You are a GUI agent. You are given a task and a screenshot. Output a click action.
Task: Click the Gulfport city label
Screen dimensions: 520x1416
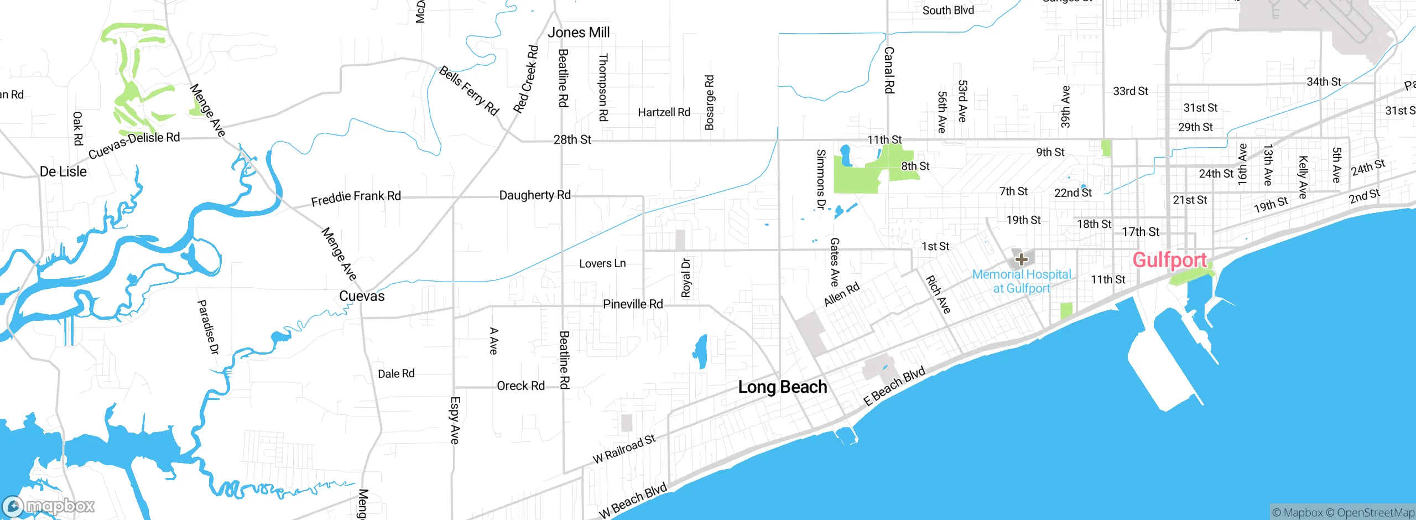pyautogui.click(x=1169, y=260)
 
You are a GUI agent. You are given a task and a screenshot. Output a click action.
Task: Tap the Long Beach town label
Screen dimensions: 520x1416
pyautogui.click(x=782, y=387)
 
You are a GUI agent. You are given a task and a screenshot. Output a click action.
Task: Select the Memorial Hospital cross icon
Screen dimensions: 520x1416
pyautogui.click(x=1021, y=259)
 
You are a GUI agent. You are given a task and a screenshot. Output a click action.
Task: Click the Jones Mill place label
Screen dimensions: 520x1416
pyautogui.click(x=579, y=33)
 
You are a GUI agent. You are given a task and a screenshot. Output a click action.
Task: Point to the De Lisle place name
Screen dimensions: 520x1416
pyautogui.click(x=63, y=171)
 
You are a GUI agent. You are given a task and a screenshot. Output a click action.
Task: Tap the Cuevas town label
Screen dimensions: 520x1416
pyautogui.click(x=362, y=296)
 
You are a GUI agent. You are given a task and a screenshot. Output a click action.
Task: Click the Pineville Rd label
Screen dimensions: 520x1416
pyautogui.click(x=632, y=304)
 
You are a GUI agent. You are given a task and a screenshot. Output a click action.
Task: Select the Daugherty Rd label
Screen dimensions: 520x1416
pyautogui.click(x=534, y=195)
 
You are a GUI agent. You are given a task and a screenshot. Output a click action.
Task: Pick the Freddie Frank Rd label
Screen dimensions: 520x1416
pyautogui.click(x=356, y=197)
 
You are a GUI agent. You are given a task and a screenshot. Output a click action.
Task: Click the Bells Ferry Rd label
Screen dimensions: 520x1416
pyautogui.click(x=469, y=91)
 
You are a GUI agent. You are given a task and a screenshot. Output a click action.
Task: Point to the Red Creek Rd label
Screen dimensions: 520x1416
pyautogui.click(x=525, y=80)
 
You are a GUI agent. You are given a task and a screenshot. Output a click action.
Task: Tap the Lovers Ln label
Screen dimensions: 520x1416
pyautogui.click(x=602, y=264)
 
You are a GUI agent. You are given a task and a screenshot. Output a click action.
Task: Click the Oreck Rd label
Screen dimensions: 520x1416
pyautogui.click(x=520, y=386)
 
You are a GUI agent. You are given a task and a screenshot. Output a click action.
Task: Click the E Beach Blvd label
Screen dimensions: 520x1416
pyautogui.click(x=894, y=386)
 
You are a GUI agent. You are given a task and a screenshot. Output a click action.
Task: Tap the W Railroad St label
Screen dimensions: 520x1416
pyautogui.click(x=624, y=449)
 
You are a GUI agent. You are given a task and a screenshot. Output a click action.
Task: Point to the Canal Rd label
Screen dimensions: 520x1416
pyautogui.click(x=889, y=70)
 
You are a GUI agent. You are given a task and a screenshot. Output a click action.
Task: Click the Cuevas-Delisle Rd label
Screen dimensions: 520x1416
pyautogui.click(x=134, y=144)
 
